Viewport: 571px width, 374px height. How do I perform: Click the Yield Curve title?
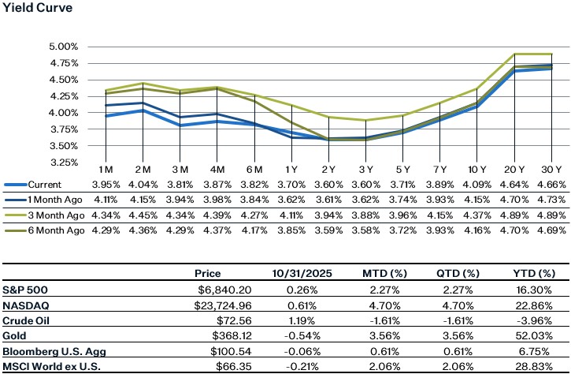pos(36,8)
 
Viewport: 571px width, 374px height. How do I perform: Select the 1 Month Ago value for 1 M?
pos(105,200)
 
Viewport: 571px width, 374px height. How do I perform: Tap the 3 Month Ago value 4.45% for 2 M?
pos(142,215)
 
